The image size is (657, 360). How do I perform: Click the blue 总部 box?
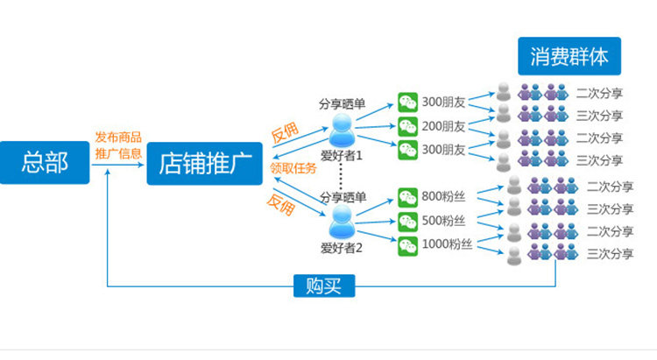45,162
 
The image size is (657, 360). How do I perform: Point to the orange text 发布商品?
118,138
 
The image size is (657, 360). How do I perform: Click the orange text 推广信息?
118,154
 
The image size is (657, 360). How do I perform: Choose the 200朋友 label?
444,125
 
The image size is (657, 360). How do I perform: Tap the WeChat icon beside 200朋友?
408,125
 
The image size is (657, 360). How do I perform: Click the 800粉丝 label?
444,197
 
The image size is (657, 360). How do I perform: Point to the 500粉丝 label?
444,221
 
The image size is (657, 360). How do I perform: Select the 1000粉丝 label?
447,244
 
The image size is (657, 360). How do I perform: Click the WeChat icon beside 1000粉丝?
408,244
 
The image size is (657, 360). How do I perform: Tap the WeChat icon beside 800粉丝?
408,197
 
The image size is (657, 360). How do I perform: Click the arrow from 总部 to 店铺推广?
119,164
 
